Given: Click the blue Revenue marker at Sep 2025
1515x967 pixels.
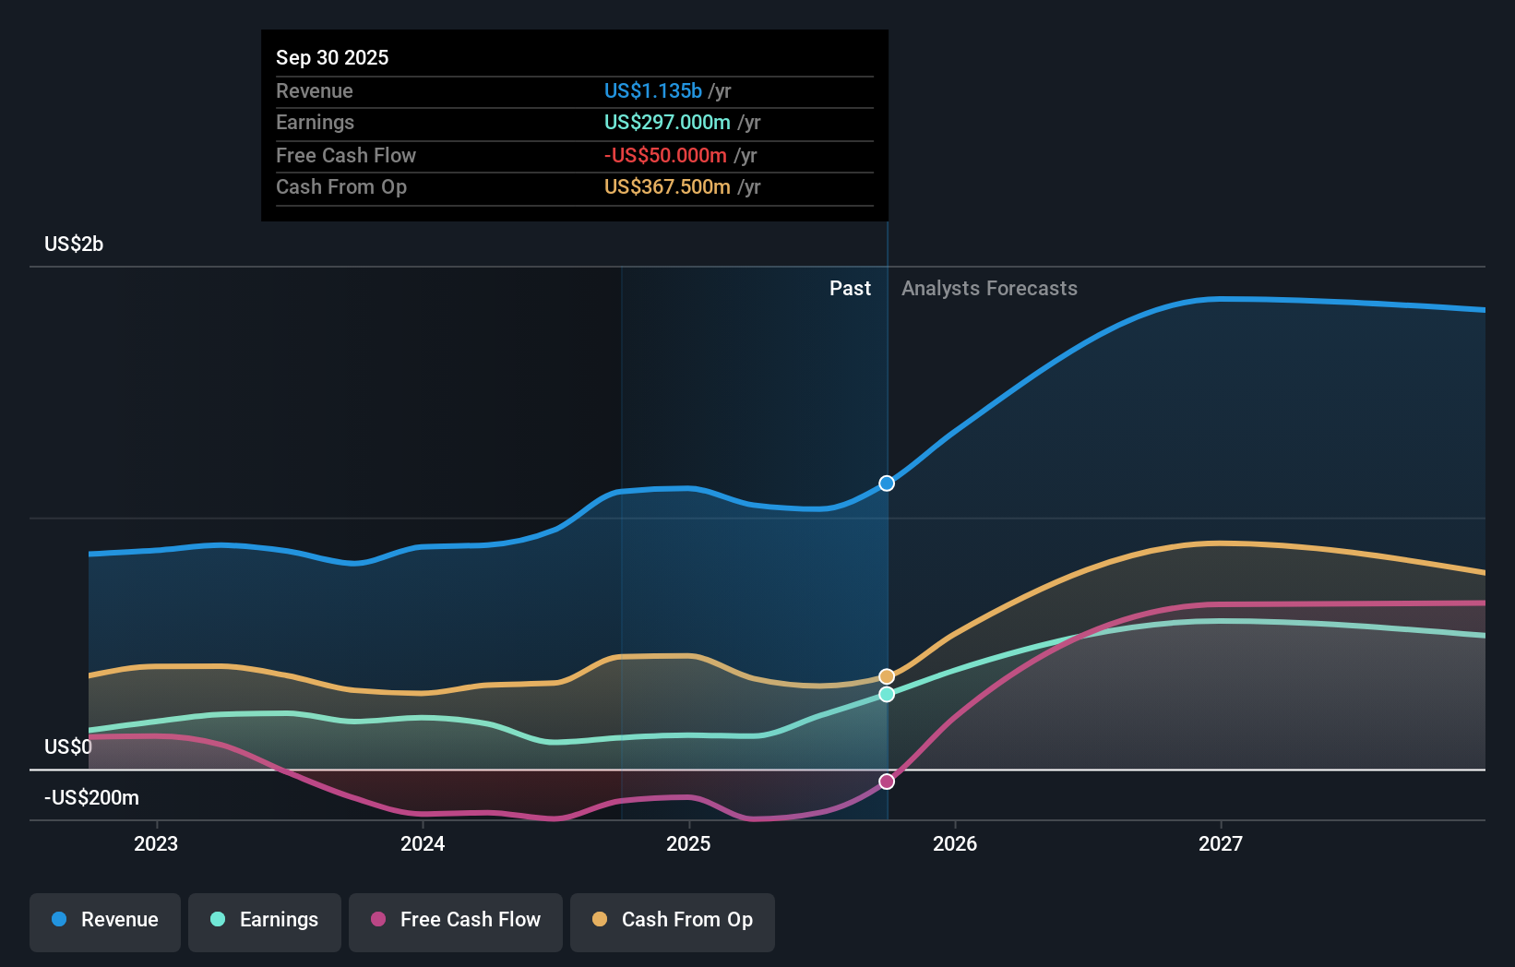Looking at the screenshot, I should [887, 483].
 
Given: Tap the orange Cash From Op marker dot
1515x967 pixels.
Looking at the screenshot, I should [887, 676].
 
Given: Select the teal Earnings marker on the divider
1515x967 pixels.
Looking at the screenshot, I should [887, 694].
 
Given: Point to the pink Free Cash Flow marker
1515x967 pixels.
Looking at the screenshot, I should [887, 782].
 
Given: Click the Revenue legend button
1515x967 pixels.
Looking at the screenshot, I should [105, 920].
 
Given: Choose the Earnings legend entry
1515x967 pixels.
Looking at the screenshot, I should [265, 920].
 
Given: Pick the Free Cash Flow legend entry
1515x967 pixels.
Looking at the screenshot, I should [456, 920].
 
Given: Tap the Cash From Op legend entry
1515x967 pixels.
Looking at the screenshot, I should [673, 920].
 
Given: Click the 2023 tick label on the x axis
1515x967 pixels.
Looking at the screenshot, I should [156, 843].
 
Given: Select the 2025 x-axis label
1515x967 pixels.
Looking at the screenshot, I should [688, 843].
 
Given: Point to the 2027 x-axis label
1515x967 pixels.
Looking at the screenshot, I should [1220, 843].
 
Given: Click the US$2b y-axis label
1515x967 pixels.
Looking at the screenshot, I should [74, 244].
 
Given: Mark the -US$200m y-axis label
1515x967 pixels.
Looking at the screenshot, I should [91, 797].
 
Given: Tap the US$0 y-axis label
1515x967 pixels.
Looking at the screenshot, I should [68, 746].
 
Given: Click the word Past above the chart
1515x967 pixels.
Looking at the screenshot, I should [850, 289].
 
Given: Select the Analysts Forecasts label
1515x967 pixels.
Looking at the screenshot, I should [989, 289].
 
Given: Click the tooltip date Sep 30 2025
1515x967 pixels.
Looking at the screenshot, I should [332, 57].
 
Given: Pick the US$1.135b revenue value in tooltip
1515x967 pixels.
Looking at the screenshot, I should [652, 90].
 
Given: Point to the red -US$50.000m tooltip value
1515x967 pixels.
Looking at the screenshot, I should [665, 155].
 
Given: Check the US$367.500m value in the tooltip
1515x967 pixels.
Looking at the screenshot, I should [667, 186].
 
